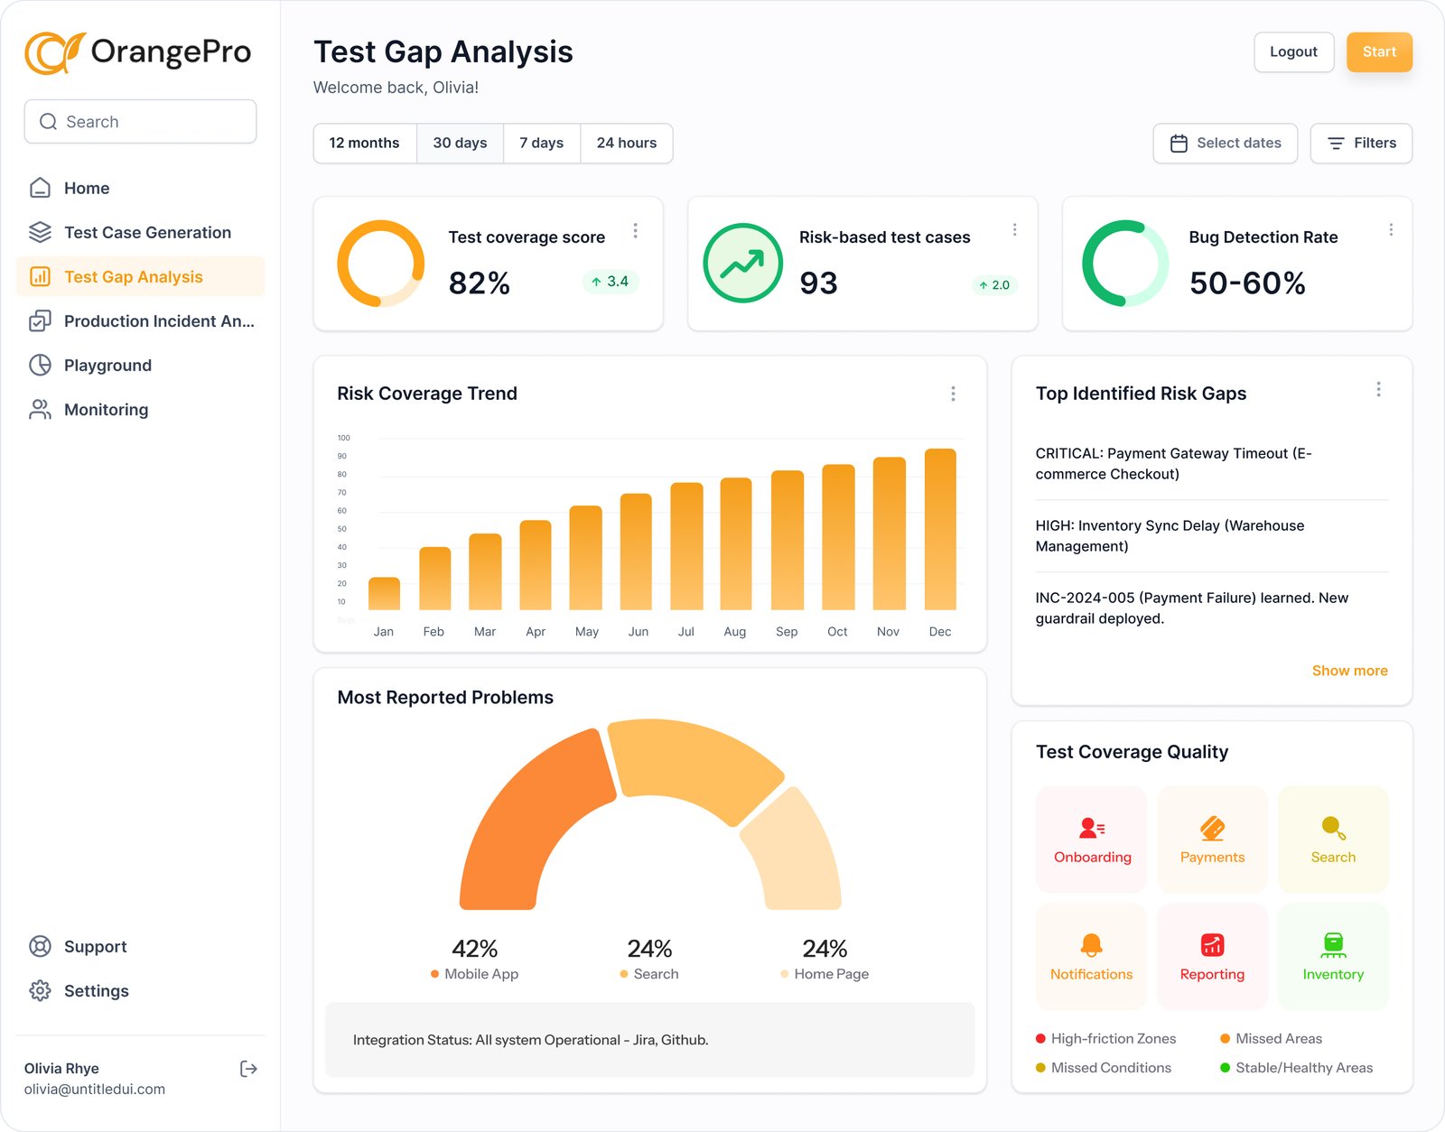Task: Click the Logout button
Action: click(1293, 52)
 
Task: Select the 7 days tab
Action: click(541, 144)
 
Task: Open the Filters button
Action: click(1361, 144)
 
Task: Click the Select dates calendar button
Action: click(1225, 144)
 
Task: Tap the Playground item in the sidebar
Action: click(107, 366)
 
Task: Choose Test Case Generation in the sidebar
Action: click(147, 233)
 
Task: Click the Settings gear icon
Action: click(40, 991)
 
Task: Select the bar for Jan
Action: click(384, 594)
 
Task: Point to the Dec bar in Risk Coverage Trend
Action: click(940, 530)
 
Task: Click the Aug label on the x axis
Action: click(734, 632)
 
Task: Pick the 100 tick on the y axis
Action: click(343, 438)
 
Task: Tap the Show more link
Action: click(1349, 671)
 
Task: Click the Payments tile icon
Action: click(1212, 828)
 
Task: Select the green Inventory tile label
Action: click(1333, 975)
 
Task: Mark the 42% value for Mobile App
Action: click(474, 949)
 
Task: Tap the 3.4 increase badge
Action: click(611, 282)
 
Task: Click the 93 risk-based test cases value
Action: click(818, 283)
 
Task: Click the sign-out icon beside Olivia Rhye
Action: click(248, 1070)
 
